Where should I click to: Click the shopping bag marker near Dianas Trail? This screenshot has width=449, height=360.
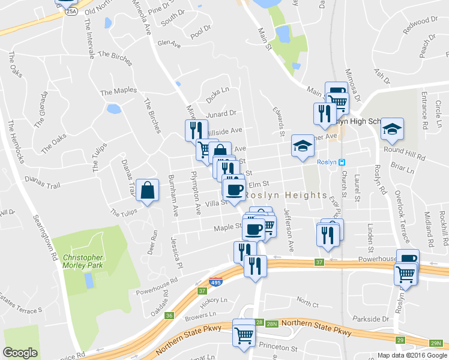pyautogui.click(x=147, y=191)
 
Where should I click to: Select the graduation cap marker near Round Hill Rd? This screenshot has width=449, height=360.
pyautogui.click(x=392, y=129)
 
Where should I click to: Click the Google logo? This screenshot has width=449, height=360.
pyautogui.click(x=20, y=353)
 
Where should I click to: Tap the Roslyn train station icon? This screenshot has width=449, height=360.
pyautogui.click(x=341, y=162)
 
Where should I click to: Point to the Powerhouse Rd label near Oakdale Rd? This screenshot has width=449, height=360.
pyautogui.click(x=157, y=280)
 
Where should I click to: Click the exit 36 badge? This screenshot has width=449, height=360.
pyautogui.click(x=169, y=316)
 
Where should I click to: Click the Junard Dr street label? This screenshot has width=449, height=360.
pyautogui.click(x=221, y=113)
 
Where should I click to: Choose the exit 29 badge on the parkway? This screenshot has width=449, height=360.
pyautogui.click(x=399, y=340)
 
